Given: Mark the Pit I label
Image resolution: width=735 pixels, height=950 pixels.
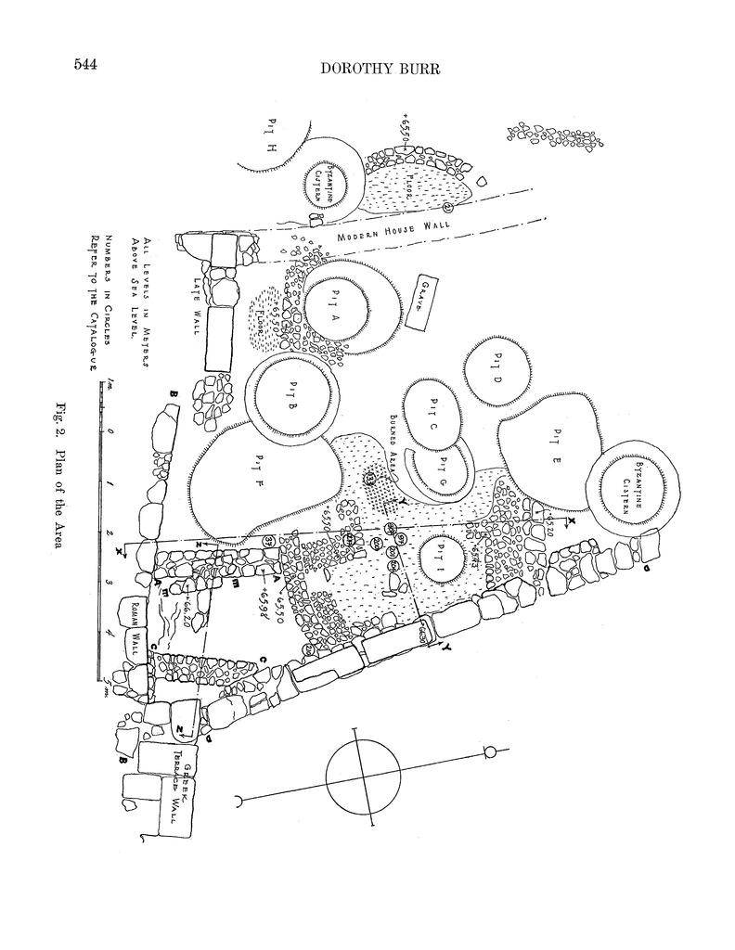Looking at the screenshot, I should (441, 559).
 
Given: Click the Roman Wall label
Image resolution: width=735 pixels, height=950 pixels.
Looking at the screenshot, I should (136, 624).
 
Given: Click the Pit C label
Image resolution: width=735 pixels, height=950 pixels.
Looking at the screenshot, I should (432, 411).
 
